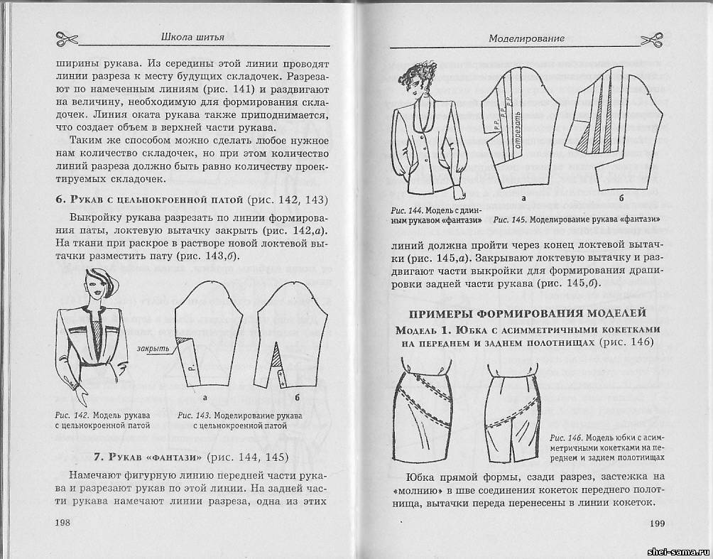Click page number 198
64,523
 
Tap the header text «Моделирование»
526,38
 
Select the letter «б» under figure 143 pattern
296,398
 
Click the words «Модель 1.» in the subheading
424,330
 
